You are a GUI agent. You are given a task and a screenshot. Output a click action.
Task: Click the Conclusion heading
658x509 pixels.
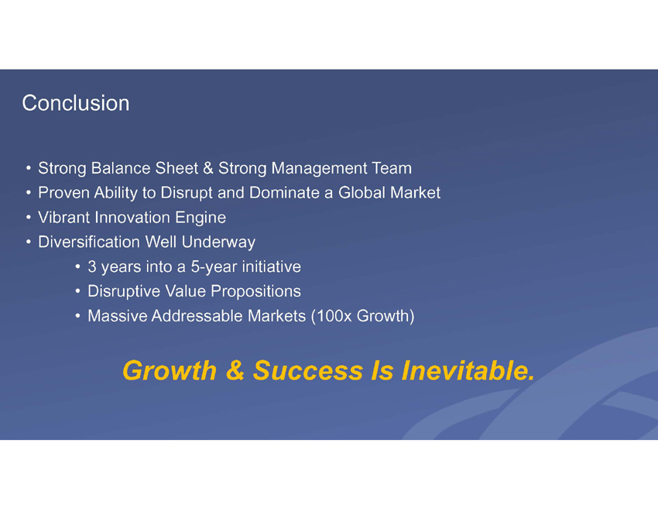pyautogui.click(x=76, y=103)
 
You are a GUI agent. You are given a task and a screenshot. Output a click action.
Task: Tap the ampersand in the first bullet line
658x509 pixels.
pyautogui.click(x=207, y=168)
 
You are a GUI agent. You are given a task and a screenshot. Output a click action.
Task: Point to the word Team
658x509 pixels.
pyautogui.click(x=392, y=168)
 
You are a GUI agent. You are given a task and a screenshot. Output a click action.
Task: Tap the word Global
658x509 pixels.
pyautogui.click(x=362, y=193)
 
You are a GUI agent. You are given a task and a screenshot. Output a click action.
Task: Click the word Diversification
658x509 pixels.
pyautogui.click(x=89, y=242)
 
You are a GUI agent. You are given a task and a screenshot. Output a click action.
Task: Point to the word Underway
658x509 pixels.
pyautogui.click(x=218, y=242)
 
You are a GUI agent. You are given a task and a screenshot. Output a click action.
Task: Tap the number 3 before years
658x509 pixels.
pyautogui.click(x=92, y=267)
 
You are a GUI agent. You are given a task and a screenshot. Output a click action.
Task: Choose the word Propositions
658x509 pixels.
pyautogui.click(x=255, y=292)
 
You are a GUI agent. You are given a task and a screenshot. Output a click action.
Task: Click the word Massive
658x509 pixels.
pyautogui.click(x=118, y=316)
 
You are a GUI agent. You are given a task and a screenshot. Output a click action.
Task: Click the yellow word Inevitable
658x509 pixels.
pyautogui.click(x=468, y=370)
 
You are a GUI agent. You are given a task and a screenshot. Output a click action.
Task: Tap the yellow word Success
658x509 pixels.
pyautogui.click(x=308, y=371)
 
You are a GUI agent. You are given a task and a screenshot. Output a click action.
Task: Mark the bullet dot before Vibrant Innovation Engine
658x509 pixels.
pyautogui.click(x=28, y=218)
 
